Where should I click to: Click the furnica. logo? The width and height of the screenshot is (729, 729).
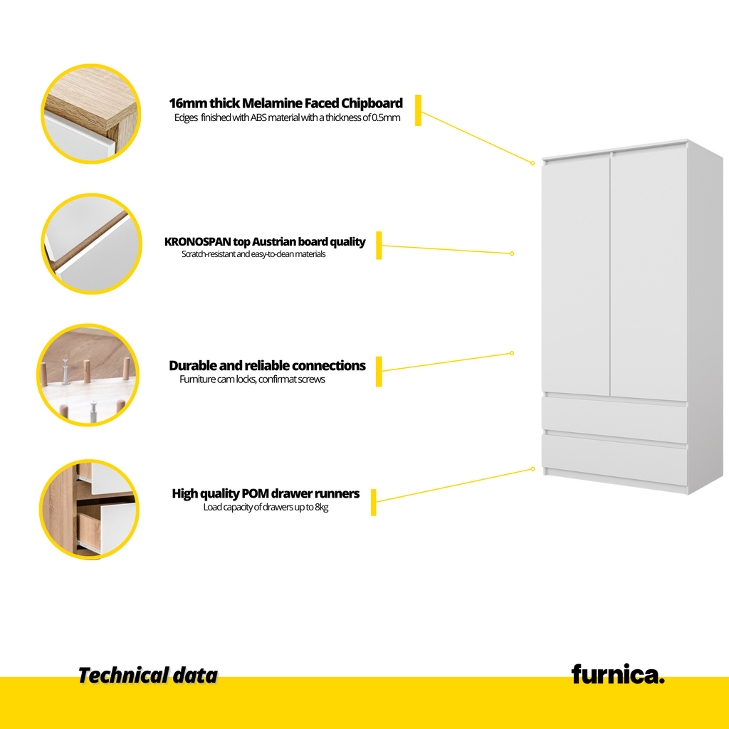coord(617,675)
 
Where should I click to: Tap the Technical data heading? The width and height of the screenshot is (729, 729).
coord(148,676)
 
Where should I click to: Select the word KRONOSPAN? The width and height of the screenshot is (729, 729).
coord(198,242)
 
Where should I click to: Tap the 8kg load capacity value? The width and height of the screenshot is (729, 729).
coord(322,507)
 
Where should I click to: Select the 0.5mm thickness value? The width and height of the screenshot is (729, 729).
coord(386,117)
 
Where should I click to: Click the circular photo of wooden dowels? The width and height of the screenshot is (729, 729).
coord(88,374)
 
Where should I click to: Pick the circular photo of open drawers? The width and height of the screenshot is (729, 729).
coord(89,509)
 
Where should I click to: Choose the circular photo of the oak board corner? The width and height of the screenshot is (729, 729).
coord(91,114)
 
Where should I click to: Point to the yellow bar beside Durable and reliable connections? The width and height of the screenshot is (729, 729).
coord(379,372)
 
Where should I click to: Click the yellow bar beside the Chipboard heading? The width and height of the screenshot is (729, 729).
coord(419,110)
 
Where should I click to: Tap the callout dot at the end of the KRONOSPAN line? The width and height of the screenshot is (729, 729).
coord(512,253)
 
